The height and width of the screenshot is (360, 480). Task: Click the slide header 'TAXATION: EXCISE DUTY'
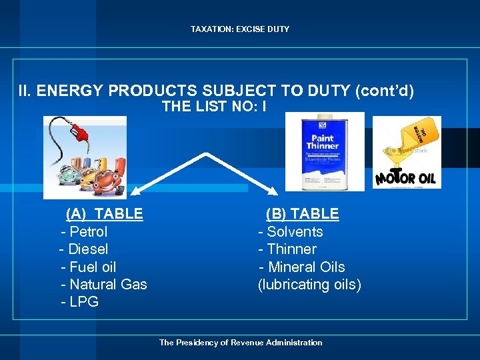pyautogui.click(x=240, y=29)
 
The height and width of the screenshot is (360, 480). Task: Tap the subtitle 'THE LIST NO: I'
pyautogui.click(x=214, y=106)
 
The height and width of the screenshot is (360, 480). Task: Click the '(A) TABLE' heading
pyautogui.click(x=104, y=214)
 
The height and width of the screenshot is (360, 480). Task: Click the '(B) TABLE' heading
pyautogui.click(x=302, y=214)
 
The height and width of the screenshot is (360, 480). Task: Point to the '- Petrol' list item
pyautogui.click(x=84, y=232)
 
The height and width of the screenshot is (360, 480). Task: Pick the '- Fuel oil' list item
pyautogui.click(x=88, y=267)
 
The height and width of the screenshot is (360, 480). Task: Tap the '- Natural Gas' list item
pyautogui.click(x=103, y=285)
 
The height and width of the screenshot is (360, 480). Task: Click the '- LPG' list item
pyautogui.click(x=79, y=302)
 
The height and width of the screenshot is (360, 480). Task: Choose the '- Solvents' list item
pyautogui.click(x=291, y=232)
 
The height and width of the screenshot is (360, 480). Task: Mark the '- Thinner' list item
pyautogui.click(x=287, y=249)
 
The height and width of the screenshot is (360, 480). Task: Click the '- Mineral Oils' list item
pyautogui.click(x=302, y=267)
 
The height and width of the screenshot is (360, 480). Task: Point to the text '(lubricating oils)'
pyautogui.click(x=309, y=285)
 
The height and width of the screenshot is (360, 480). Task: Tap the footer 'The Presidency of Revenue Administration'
pyautogui.click(x=240, y=343)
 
